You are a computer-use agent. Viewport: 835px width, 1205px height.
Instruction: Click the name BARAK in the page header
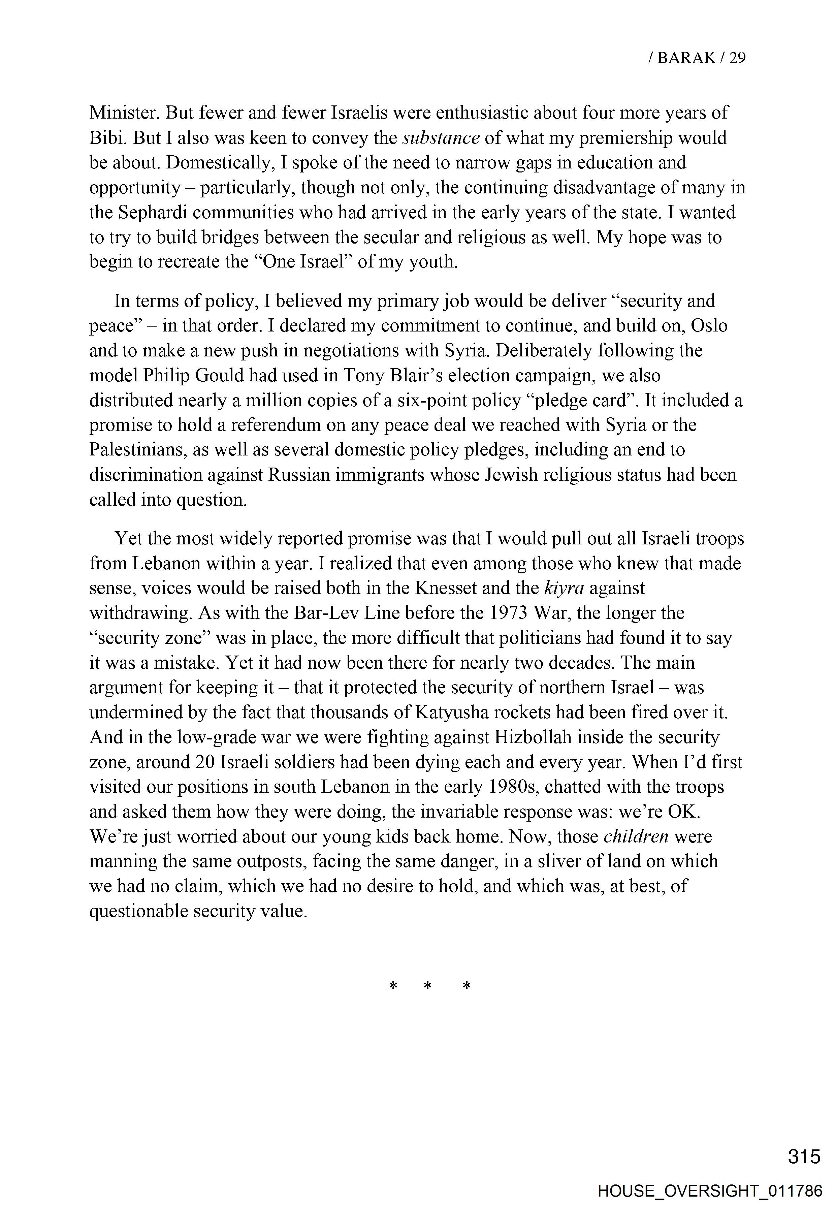click(x=686, y=58)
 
